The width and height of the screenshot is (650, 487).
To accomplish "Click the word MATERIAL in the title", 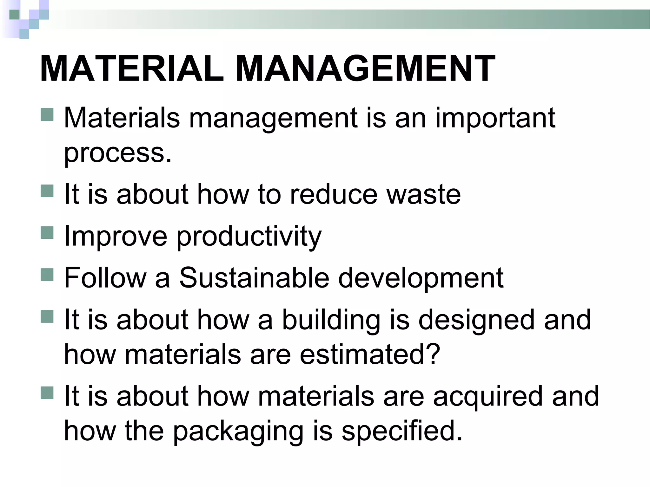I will (x=132, y=69).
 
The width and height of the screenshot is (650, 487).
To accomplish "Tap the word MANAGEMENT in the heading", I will (x=365, y=69).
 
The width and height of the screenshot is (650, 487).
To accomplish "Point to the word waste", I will (x=423, y=194).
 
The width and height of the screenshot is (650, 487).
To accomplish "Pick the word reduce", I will (x=334, y=194).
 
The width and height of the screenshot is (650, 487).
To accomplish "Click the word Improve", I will (x=116, y=236).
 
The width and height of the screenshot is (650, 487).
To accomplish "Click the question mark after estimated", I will (x=433, y=354).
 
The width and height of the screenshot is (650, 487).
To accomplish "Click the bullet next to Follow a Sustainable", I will (x=47, y=274).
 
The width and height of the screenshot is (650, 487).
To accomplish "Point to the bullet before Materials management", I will (x=47, y=114).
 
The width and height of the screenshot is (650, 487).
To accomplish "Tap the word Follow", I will (x=105, y=278).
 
